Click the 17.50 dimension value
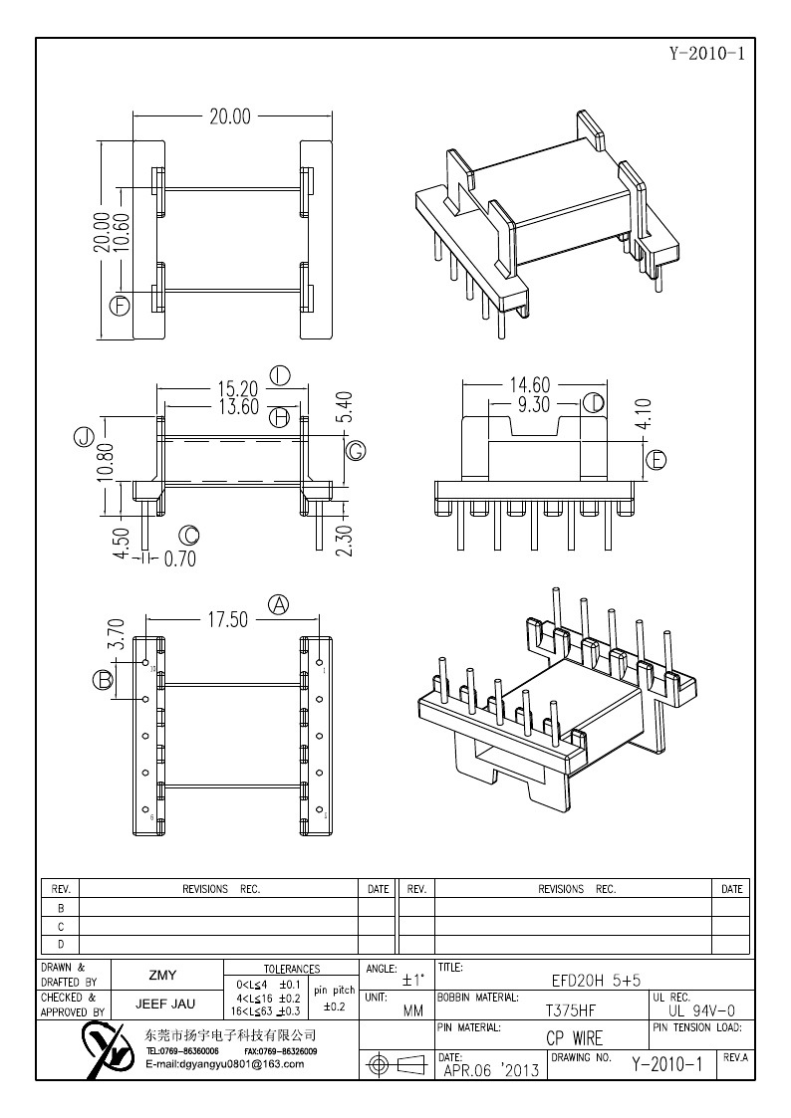(227, 619)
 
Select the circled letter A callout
(279, 604)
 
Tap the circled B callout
(102, 680)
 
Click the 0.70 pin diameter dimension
(179, 559)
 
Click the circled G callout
(355, 451)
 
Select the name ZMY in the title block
(164, 976)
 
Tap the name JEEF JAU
(165, 1005)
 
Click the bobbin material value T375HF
(571, 1008)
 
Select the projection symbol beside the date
(395, 1065)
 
